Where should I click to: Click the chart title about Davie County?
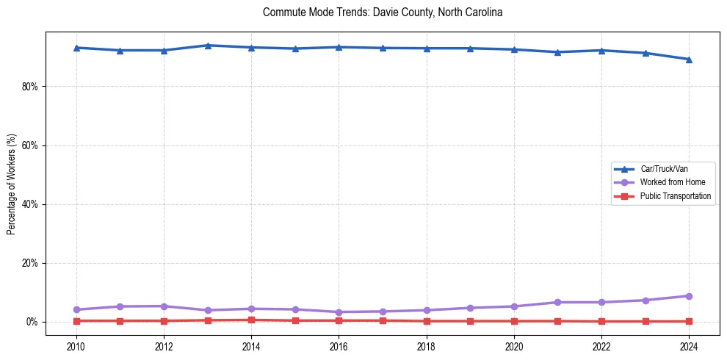point(382,12)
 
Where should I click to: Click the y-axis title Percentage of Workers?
point(11,184)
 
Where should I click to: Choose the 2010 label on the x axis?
point(76,346)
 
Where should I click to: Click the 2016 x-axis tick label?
point(339,346)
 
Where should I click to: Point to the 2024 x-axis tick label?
point(689,346)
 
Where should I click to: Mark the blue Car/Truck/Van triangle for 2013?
point(208,46)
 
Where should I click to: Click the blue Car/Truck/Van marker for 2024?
point(689,60)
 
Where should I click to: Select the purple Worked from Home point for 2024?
point(689,296)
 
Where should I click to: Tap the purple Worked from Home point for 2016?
point(339,312)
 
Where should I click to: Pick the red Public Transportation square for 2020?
point(514,321)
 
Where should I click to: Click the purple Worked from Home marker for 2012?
point(164,306)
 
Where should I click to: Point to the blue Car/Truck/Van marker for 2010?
point(76,48)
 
